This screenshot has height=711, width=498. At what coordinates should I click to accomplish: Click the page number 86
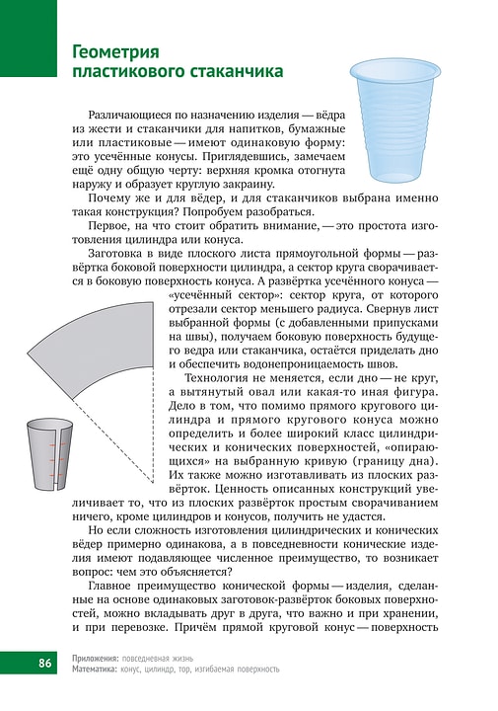[x=44, y=661]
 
